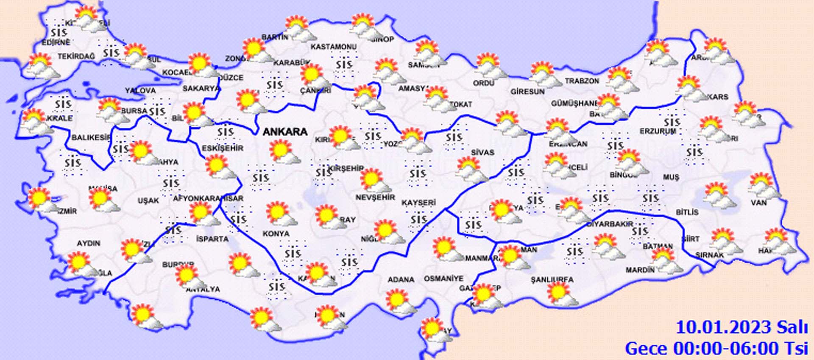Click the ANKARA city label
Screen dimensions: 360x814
pyautogui.click(x=285, y=132)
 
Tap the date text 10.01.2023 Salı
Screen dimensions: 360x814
pyautogui.click(x=742, y=328)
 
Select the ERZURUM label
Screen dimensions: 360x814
pyautogui.click(x=658, y=131)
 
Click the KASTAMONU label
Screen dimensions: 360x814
pyautogui.click(x=333, y=47)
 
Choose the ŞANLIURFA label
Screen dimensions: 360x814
pyautogui.click(x=552, y=279)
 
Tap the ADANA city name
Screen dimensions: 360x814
pyautogui.click(x=401, y=279)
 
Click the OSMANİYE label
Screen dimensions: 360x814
pyautogui.click(x=443, y=279)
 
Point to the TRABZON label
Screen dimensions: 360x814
pyautogui.click(x=582, y=81)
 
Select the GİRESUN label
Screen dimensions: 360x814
pyautogui.click(x=527, y=92)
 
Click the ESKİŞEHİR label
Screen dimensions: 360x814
pyautogui.click(x=223, y=148)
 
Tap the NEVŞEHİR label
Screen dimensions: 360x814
pyautogui.click(x=375, y=198)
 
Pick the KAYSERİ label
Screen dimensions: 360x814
pyautogui.click(x=418, y=203)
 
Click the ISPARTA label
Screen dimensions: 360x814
pyautogui.click(x=212, y=239)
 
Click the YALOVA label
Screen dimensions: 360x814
pyautogui.click(x=140, y=91)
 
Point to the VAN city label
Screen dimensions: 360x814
pyautogui.click(x=758, y=203)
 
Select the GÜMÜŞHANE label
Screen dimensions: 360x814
pyautogui.click(x=574, y=103)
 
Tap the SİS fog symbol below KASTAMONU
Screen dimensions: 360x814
pyautogui.click(x=344, y=65)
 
